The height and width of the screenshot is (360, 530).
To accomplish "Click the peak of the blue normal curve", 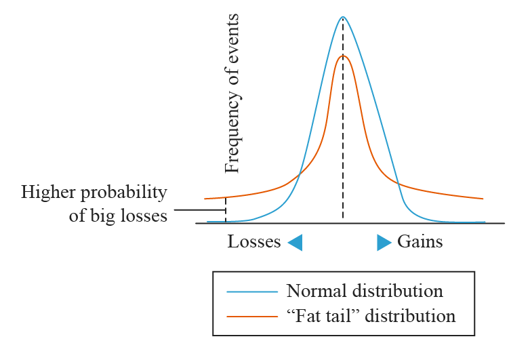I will coord(343,17).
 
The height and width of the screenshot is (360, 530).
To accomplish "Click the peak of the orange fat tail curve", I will coord(343,56).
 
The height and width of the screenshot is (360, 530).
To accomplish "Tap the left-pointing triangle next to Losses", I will coord(295,243).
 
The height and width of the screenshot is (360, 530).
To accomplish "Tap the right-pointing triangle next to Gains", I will coord(384,243).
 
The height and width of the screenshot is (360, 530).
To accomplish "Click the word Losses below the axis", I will coord(254,242).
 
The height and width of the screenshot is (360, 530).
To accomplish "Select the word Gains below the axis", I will coord(420,242).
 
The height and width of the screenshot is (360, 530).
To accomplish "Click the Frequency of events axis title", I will coord(232,93).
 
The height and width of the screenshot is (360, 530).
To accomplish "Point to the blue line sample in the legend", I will coord(252,292).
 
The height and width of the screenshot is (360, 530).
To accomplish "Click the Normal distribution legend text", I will coord(365,292).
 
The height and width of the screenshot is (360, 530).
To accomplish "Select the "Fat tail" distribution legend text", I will coord(371,316).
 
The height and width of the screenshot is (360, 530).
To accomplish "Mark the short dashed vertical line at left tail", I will coord(225,209).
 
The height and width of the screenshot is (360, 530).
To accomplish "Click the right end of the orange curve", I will coord(483,199).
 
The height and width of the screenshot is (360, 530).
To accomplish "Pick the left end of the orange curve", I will coord(205,199).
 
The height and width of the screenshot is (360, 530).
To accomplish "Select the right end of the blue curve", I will coord(484,222).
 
